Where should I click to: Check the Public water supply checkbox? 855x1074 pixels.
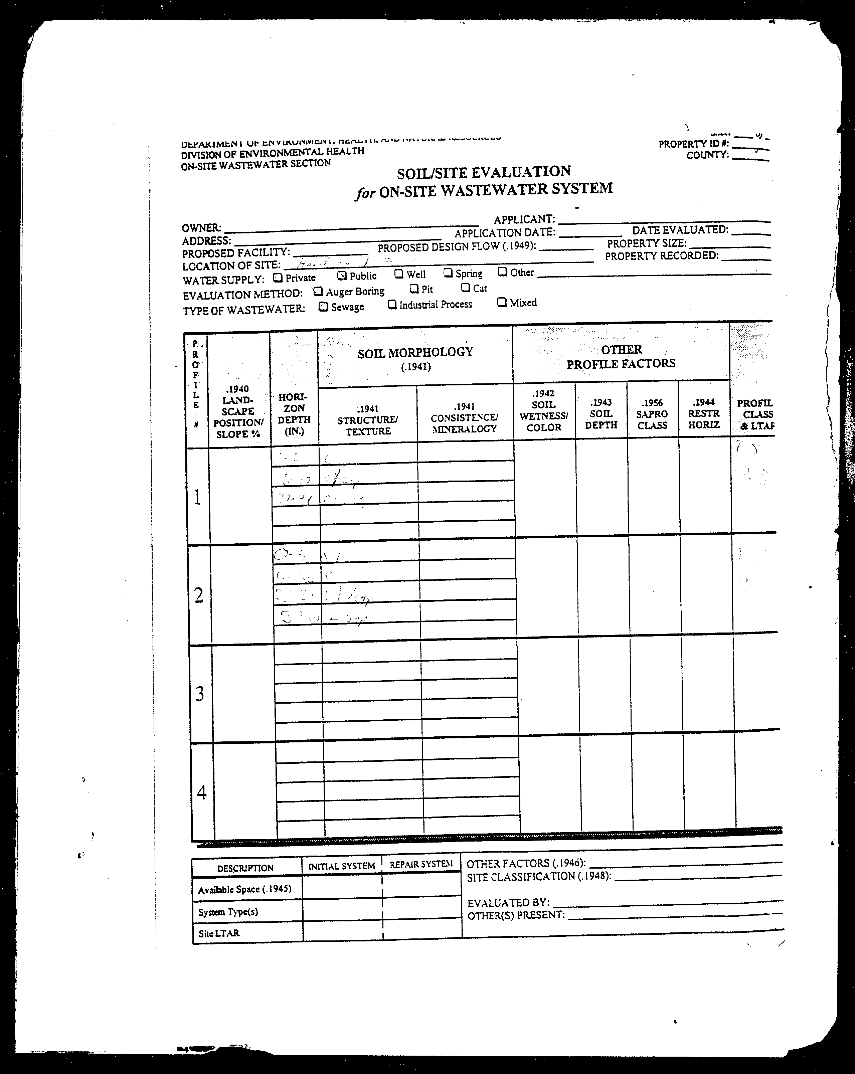pyautogui.click(x=342, y=275)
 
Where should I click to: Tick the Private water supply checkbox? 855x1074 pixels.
pyautogui.click(x=278, y=278)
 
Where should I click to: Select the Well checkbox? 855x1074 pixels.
pyautogui.click(x=398, y=274)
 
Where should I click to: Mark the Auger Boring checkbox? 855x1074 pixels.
pyautogui.click(x=318, y=292)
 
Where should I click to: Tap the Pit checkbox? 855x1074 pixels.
pyautogui.click(x=413, y=289)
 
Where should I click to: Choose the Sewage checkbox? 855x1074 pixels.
pyautogui.click(x=323, y=307)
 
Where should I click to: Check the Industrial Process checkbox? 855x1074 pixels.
pyautogui.click(x=392, y=304)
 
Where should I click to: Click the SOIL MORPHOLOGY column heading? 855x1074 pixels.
pyautogui.click(x=415, y=352)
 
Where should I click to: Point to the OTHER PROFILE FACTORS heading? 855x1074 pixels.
pyautogui.click(x=621, y=357)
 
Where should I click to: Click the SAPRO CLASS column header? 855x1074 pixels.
pyautogui.click(x=652, y=414)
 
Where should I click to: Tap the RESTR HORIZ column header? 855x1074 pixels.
pyautogui.click(x=703, y=413)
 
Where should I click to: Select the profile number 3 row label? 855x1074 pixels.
pyautogui.click(x=200, y=693)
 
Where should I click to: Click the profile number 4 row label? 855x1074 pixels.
pyautogui.click(x=202, y=792)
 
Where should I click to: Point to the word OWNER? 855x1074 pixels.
pyautogui.click(x=201, y=228)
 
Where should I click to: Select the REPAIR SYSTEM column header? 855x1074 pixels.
pyautogui.click(x=421, y=864)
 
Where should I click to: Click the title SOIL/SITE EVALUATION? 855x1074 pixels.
pyautogui.click(x=483, y=172)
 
